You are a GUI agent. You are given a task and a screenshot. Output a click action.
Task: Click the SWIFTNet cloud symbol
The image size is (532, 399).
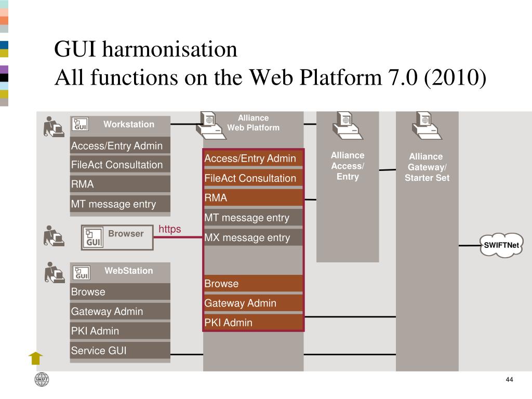click(501, 246)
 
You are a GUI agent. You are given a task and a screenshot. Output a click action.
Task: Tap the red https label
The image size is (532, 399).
click(170, 229)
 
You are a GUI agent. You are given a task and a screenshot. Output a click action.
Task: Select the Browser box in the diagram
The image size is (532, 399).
click(117, 237)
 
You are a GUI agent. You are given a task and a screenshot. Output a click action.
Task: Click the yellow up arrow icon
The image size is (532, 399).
click(35, 358)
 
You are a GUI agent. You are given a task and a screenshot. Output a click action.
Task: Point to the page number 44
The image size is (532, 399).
click(509, 380)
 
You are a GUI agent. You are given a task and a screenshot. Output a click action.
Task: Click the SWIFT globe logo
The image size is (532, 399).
click(42, 380)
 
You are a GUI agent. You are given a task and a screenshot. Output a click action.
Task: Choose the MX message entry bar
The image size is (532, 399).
click(252, 238)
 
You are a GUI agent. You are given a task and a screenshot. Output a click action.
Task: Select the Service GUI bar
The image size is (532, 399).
click(120, 351)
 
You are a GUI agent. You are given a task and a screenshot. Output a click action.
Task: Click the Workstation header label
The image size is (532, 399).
click(129, 124)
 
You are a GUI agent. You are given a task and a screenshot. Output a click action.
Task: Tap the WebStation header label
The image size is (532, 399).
click(129, 271)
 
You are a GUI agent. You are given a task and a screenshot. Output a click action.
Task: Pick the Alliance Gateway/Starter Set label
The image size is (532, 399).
click(427, 167)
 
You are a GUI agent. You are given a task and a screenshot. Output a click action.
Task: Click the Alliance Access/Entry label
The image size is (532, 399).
click(348, 166)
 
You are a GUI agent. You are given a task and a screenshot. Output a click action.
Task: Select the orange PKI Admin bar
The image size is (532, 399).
click(252, 323)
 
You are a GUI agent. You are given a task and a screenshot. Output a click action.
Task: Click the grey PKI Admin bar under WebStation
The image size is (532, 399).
click(120, 331)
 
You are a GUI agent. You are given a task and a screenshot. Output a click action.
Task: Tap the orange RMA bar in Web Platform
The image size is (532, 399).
click(252, 198)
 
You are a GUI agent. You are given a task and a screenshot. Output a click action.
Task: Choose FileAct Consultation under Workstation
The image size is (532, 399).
click(120, 165)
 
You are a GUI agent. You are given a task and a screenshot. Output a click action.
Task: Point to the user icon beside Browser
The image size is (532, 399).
click(53, 236)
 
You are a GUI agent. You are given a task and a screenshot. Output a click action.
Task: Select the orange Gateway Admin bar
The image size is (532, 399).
click(252, 303)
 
